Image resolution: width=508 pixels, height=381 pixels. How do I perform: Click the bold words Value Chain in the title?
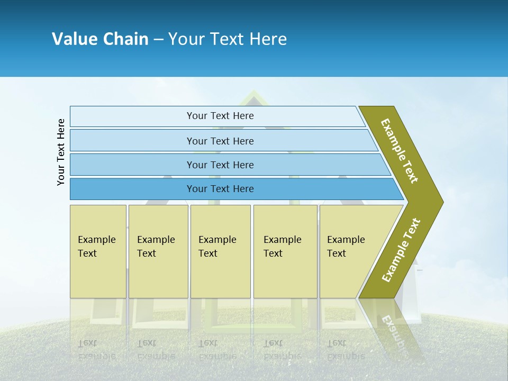tap(100, 39)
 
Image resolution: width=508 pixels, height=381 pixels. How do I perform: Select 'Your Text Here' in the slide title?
tap(228, 39)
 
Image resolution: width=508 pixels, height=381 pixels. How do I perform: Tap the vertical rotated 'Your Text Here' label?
tap(61, 152)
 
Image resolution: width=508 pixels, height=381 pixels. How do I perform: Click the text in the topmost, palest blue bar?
tap(220, 116)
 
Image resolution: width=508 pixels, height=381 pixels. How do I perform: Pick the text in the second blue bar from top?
tap(220, 141)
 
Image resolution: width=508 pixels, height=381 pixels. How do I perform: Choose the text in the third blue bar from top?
tap(220, 165)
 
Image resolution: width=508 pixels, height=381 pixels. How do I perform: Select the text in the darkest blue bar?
tap(220, 189)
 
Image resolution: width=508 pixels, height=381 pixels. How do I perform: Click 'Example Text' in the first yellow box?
tap(96, 247)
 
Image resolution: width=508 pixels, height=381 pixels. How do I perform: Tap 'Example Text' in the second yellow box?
tap(156, 247)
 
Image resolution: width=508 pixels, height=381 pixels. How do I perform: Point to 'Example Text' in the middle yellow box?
tap(217, 247)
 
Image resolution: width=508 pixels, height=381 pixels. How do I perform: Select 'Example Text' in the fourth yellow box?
tap(282, 247)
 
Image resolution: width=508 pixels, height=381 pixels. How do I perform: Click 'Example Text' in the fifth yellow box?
tap(346, 247)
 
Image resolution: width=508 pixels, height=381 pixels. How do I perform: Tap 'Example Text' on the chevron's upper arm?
tap(400, 151)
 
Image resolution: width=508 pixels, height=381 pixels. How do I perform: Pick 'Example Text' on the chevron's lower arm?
tap(401, 250)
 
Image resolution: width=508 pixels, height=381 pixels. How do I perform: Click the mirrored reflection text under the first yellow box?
tap(96, 349)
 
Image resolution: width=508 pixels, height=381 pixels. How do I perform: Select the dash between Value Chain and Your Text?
tap(158, 39)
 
